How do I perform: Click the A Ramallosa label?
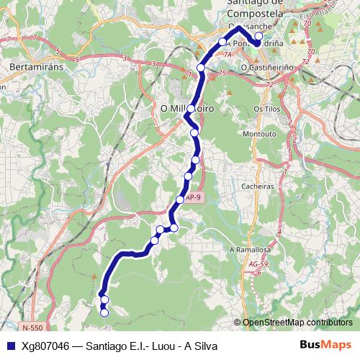[249, 249]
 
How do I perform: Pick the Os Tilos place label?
[266, 108]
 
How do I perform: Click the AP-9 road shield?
[193, 196]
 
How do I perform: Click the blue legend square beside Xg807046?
[11, 345]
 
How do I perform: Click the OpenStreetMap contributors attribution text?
[297, 323]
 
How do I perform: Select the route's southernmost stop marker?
[104, 312]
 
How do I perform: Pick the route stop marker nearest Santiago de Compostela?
[258, 35]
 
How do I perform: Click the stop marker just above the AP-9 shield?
[179, 199]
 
